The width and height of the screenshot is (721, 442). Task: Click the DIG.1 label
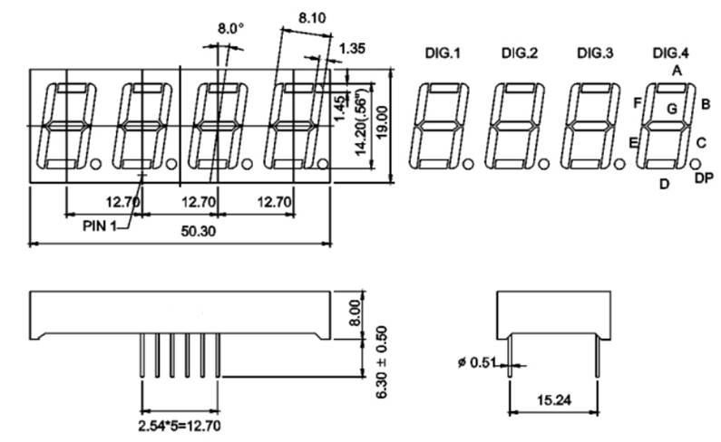click(x=443, y=54)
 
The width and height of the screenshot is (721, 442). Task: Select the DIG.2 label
click(x=520, y=54)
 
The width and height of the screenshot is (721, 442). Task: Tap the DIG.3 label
click(x=596, y=54)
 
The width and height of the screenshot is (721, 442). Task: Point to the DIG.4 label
click(x=670, y=54)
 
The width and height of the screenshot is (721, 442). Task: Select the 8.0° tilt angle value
click(x=230, y=29)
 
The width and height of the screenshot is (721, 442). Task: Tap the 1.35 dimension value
click(x=353, y=48)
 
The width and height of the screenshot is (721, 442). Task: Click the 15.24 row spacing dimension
click(x=552, y=399)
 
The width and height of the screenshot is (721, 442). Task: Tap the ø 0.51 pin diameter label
click(x=478, y=363)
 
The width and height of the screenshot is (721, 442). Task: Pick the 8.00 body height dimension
click(x=355, y=314)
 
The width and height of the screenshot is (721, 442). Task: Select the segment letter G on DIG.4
click(x=672, y=109)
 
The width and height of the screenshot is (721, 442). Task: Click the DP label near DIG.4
click(x=703, y=178)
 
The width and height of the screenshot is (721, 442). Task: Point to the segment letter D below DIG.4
click(x=664, y=184)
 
